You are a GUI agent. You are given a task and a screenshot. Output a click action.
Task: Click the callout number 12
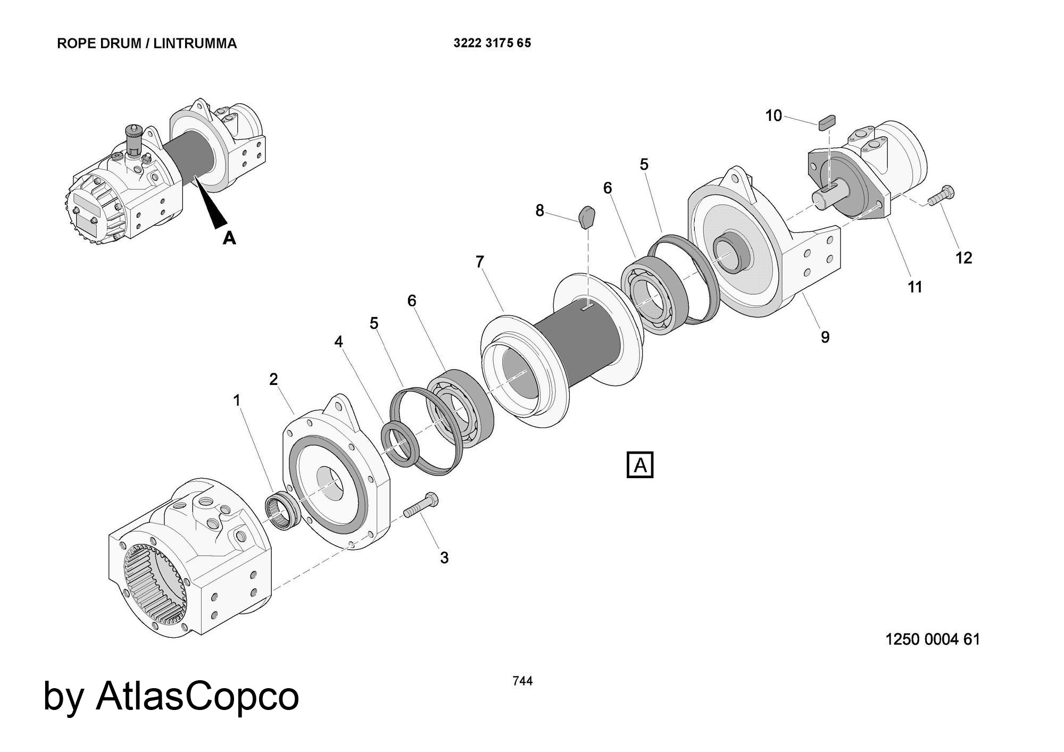coord(963,258)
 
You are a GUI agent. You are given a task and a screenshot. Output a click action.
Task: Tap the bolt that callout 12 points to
coord(941,196)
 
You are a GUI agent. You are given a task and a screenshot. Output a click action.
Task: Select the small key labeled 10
coord(828,121)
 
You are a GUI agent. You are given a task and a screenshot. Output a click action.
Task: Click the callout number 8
coord(539,211)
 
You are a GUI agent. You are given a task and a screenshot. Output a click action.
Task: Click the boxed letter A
coord(640,465)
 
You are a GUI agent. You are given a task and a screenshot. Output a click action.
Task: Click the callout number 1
coord(237,400)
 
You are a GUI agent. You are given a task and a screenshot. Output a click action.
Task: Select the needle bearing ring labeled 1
coord(282,512)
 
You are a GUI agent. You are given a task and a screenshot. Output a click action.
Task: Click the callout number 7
coord(480,262)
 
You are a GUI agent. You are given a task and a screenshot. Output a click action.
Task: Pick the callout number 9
coord(825,337)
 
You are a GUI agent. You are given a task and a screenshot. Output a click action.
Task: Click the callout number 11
coord(915,287)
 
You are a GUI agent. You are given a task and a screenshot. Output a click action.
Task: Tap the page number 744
coord(522,681)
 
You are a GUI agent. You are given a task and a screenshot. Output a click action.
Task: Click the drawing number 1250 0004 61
coord(932,639)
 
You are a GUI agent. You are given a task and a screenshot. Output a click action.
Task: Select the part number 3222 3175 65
coord(492,43)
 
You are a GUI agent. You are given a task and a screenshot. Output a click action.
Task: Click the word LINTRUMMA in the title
coord(195,44)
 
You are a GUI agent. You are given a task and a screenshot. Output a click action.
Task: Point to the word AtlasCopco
coord(197,696)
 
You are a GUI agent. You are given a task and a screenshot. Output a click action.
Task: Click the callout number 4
coord(339,342)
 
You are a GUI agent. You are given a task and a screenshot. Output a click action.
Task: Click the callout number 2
coord(273,379)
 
